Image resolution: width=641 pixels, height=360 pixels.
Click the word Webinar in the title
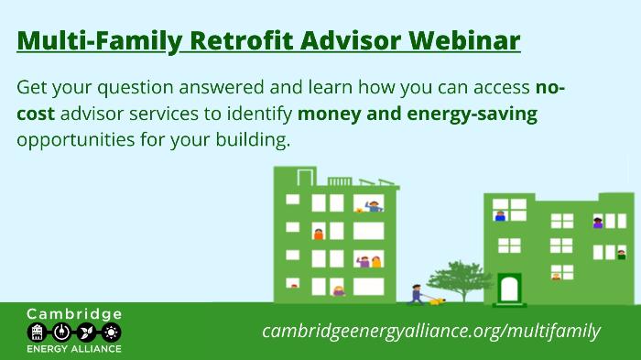(464, 40)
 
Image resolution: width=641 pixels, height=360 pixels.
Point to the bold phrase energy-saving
(473, 115)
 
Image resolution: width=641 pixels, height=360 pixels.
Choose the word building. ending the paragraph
(253, 140)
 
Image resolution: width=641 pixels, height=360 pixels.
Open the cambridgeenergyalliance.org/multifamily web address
(431, 331)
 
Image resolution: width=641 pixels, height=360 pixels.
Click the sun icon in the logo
(111, 333)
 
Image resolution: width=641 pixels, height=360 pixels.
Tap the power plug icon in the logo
(61, 333)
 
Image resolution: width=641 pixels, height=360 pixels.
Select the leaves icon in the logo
(86, 333)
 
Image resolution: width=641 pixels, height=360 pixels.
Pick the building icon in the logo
(37, 333)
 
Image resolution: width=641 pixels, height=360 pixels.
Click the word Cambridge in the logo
(74, 314)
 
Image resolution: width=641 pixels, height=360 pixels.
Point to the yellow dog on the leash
(437, 302)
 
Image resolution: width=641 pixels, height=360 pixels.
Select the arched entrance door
(509, 289)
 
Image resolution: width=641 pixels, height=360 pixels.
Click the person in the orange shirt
(319, 234)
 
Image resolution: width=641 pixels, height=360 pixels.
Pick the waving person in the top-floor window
(374, 206)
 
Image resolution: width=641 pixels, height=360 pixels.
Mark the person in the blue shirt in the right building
(500, 216)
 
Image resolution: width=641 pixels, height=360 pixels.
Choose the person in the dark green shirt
(622, 255)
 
